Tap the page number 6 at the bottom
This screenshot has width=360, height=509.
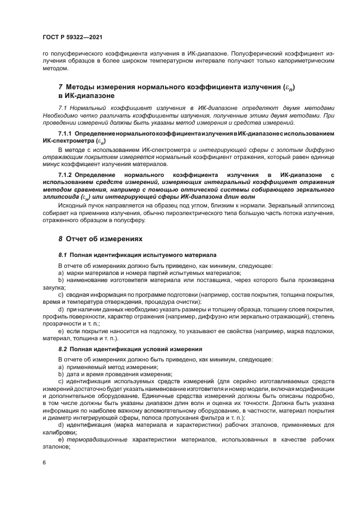pos(44,462)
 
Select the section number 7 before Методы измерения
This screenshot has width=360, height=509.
pos(60,87)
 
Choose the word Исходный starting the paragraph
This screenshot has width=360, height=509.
pos(72,206)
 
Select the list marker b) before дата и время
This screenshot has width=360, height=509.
pos(61,374)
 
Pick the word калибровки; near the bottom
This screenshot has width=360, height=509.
pos(59,432)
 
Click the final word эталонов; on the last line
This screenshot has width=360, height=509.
pos(57,446)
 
